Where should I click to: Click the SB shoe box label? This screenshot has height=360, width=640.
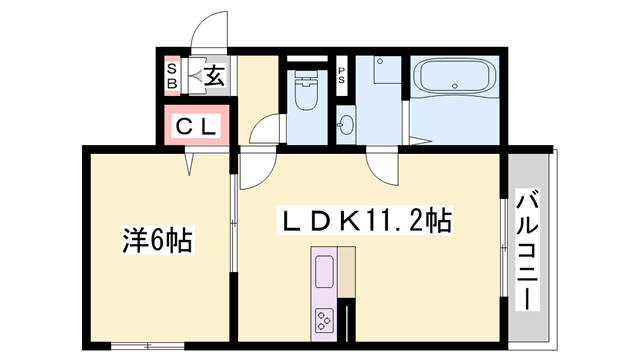pyautogui.click(x=172, y=77)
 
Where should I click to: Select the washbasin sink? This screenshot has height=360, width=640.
pyautogui.click(x=345, y=125)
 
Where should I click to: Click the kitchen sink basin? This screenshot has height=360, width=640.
pyautogui.click(x=326, y=273)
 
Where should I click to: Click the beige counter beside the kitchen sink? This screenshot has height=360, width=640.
pyautogui.click(x=346, y=271)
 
